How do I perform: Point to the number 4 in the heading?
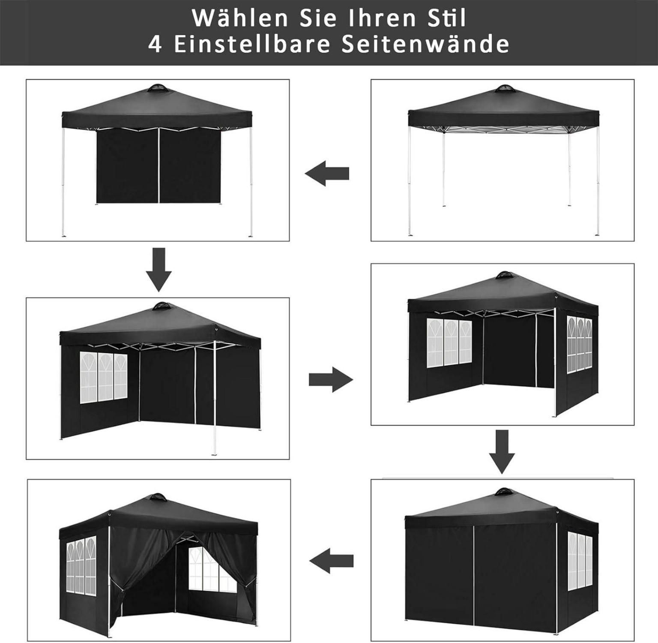coord(155,44)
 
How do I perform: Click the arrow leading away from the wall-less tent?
coord(327,174)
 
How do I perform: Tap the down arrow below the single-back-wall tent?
coord(159,270)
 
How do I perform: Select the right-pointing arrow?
coord(331,379)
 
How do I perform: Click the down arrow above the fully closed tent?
coord(502,452)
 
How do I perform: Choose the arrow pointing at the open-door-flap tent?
coord(331,561)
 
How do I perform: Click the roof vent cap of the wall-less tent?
coord(504,89)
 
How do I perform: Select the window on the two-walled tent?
coord(104,377)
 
